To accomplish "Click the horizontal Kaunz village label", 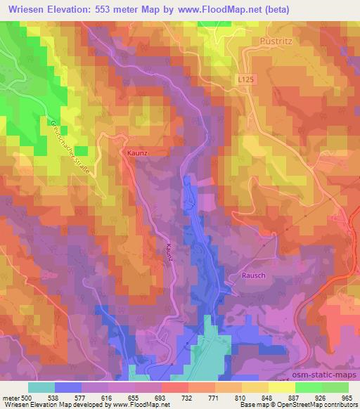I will click(137, 152).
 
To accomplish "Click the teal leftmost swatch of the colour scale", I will click(41, 387).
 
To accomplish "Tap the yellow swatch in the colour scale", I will click(282, 387).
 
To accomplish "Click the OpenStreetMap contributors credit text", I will click(316, 405).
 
